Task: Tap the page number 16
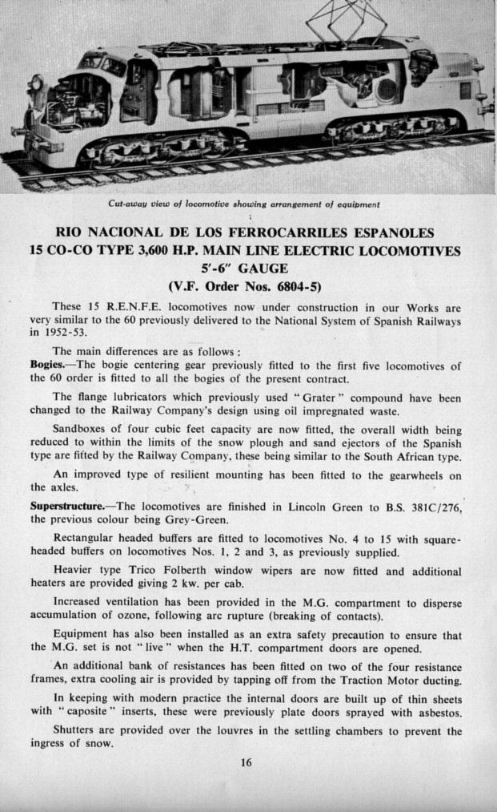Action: [246, 762]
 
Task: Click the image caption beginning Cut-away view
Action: [244, 204]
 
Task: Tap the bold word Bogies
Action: [46, 366]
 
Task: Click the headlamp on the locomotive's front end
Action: [36, 82]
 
